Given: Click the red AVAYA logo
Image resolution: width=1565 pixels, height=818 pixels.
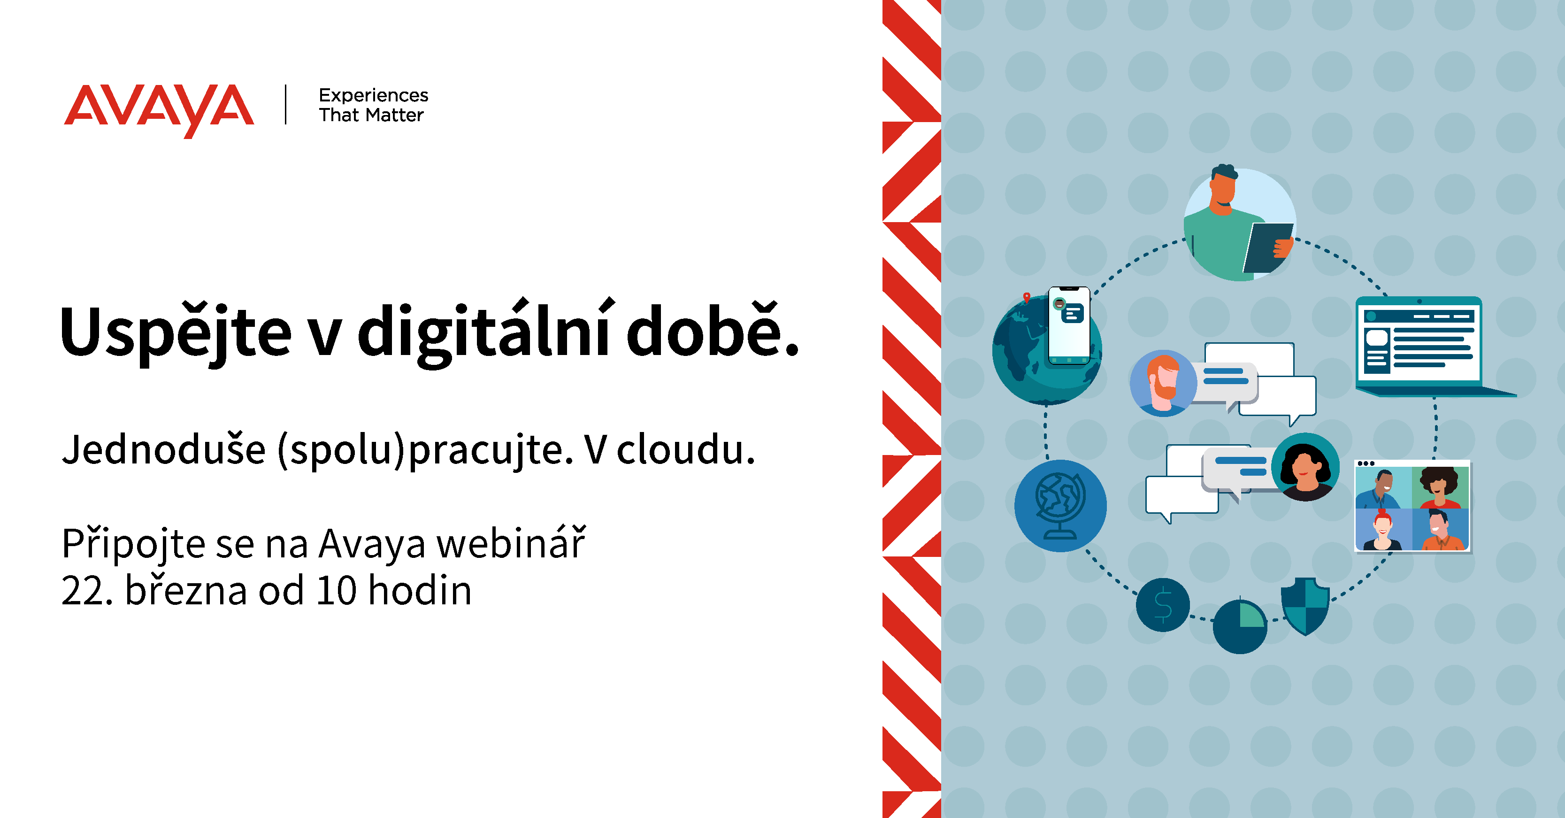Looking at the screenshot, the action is click(x=159, y=109).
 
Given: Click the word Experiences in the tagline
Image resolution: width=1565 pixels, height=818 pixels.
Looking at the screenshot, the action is click(x=374, y=96).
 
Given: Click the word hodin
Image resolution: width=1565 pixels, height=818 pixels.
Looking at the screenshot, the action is click(x=420, y=590).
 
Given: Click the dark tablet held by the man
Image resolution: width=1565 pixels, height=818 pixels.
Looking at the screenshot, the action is click(x=1267, y=247).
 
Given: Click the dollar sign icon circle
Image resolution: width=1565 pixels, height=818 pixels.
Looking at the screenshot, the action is click(x=1163, y=605).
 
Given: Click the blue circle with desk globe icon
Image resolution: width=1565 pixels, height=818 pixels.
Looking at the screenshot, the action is click(x=1060, y=506).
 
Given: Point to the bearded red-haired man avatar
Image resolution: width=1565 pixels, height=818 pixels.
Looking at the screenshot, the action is click(x=1163, y=383).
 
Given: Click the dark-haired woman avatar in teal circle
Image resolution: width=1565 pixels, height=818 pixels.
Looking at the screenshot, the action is click(x=1305, y=467).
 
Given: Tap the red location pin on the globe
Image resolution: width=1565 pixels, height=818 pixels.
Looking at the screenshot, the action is click(x=1027, y=297).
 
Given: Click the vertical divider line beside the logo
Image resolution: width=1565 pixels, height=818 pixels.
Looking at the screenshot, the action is click(x=285, y=105).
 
